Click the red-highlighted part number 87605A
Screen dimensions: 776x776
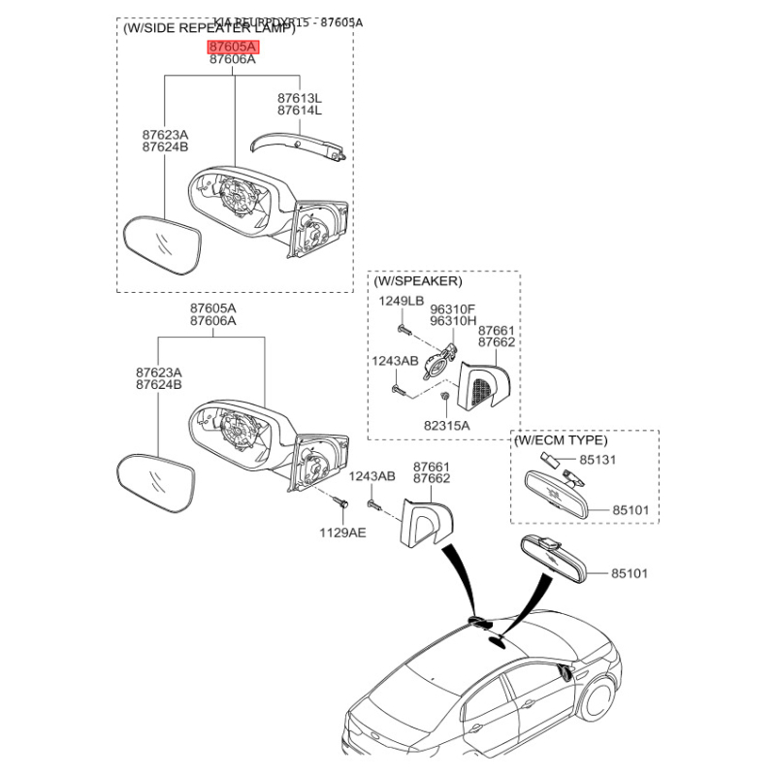coord(233,46)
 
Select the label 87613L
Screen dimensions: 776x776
coord(300,98)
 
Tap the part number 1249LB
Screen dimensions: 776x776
coord(401,301)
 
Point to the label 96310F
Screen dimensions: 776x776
coord(454,307)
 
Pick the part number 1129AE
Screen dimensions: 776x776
coord(343,533)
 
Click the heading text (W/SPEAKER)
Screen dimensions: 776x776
coord(417,281)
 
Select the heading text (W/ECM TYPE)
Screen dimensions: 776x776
coord(562,440)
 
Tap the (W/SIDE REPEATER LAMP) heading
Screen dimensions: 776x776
coord(209,29)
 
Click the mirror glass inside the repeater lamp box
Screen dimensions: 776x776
coord(162,250)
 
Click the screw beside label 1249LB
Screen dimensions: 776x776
coord(405,331)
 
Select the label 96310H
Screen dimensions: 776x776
coord(454,320)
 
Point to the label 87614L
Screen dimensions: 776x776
coord(300,111)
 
